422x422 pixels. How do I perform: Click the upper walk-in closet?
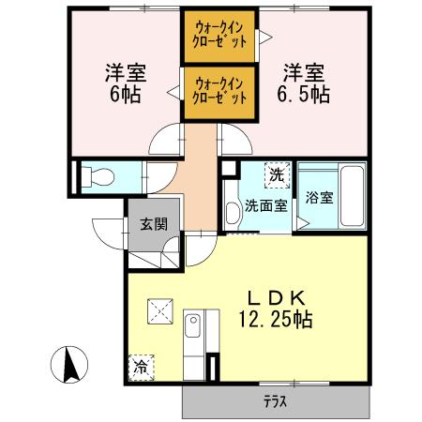(220, 35)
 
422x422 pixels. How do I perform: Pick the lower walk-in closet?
(220, 91)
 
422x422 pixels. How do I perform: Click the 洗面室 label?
(266, 206)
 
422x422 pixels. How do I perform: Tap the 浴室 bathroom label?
(319, 198)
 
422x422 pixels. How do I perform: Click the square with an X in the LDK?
(158, 309)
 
